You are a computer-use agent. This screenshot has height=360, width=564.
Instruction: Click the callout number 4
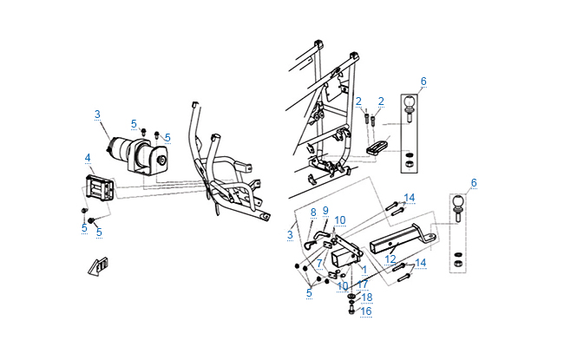pos(88,157)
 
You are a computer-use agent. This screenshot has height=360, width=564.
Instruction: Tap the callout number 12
pos(391,259)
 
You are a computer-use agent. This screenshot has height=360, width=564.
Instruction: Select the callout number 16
pos(366,311)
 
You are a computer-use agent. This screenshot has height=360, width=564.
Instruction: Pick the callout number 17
pos(363,283)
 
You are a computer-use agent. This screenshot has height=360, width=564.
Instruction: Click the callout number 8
pos(313,212)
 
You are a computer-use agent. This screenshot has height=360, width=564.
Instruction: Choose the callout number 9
pos(325,210)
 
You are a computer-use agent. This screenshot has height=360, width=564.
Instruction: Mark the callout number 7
pos(319,262)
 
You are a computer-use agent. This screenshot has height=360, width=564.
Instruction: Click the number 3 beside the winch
pos(97,114)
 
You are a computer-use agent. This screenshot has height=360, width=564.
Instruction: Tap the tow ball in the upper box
pos(409,107)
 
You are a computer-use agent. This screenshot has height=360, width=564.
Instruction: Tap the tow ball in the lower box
pos(458,207)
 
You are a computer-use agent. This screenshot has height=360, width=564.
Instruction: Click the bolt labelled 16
pos(351,311)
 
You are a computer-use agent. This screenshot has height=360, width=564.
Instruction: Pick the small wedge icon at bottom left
pos(99,265)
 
